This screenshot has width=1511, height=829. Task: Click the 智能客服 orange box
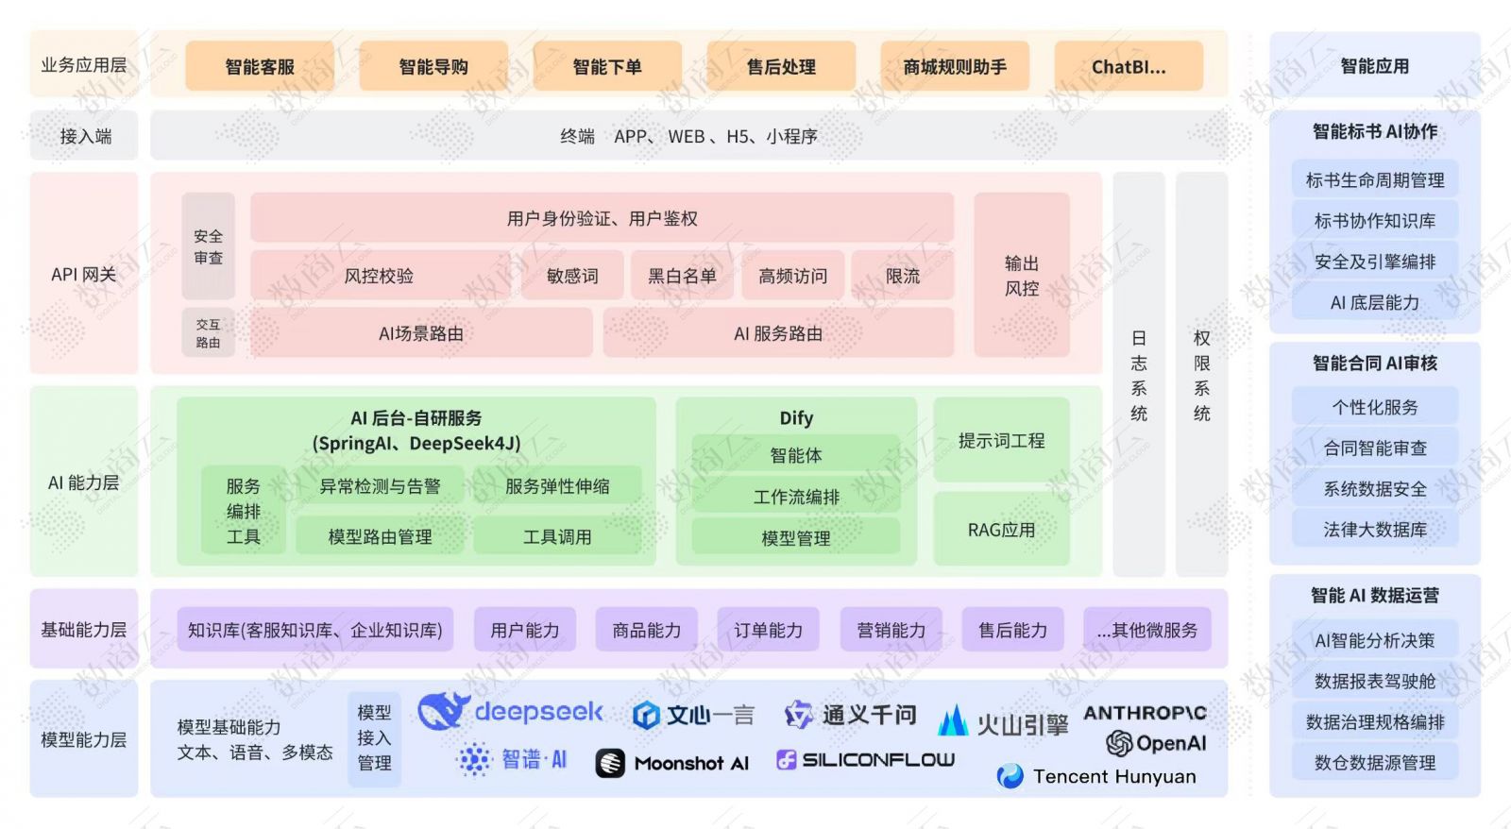[x=260, y=66]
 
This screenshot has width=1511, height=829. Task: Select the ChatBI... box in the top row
[x=1129, y=66]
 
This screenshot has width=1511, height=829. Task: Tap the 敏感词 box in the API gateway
[x=572, y=276]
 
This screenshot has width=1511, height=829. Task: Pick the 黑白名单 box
[x=682, y=276]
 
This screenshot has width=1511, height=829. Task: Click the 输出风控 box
[x=1021, y=275]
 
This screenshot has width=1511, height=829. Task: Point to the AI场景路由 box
[x=421, y=333]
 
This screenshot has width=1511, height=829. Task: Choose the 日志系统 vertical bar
[x=1139, y=375]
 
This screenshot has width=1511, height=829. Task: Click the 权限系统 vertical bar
[x=1201, y=375]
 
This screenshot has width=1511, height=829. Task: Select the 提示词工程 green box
[x=1001, y=440]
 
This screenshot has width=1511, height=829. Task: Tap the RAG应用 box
[x=1001, y=530]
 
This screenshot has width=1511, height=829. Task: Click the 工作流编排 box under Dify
[x=796, y=497]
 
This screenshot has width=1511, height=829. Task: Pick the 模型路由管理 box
[x=380, y=536]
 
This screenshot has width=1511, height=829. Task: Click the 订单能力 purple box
[x=768, y=630]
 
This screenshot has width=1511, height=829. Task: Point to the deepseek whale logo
[x=443, y=710]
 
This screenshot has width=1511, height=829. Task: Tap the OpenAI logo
[x=1156, y=743]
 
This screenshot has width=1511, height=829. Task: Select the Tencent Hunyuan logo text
[x=1113, y=776]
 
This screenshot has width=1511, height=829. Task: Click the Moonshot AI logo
[x=672, y=763]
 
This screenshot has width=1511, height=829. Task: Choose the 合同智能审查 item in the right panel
[x=1374, y=448]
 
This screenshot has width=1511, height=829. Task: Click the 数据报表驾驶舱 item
[x=1374, y=681]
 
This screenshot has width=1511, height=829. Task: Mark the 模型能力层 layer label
[x=83, y=739]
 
